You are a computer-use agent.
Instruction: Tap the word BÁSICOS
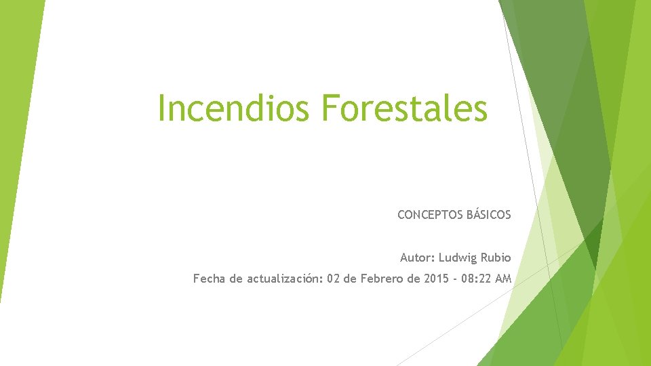click(489, 216)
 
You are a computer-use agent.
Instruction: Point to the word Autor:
click(416, 258)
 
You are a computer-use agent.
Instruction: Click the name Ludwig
click(458, 258)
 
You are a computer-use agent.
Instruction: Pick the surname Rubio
click(496, 258)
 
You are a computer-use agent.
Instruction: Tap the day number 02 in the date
click(334, 279)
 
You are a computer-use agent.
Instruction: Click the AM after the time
click(504, 279)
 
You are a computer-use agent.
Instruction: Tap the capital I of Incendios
click(161, 108)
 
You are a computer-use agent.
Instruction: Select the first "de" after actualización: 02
click(351, 279)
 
